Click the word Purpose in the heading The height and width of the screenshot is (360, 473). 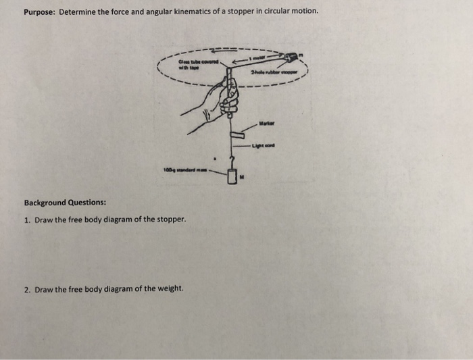click(39, 12)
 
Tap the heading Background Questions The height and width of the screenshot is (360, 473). click(65, 203)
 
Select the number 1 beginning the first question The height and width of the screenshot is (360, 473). click(26, 220)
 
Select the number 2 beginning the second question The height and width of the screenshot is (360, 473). click(26, 289)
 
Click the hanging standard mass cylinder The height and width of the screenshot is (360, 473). click(232, 177)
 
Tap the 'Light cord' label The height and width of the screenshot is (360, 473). click(266, 146)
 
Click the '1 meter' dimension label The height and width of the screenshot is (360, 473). click(259, 58)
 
